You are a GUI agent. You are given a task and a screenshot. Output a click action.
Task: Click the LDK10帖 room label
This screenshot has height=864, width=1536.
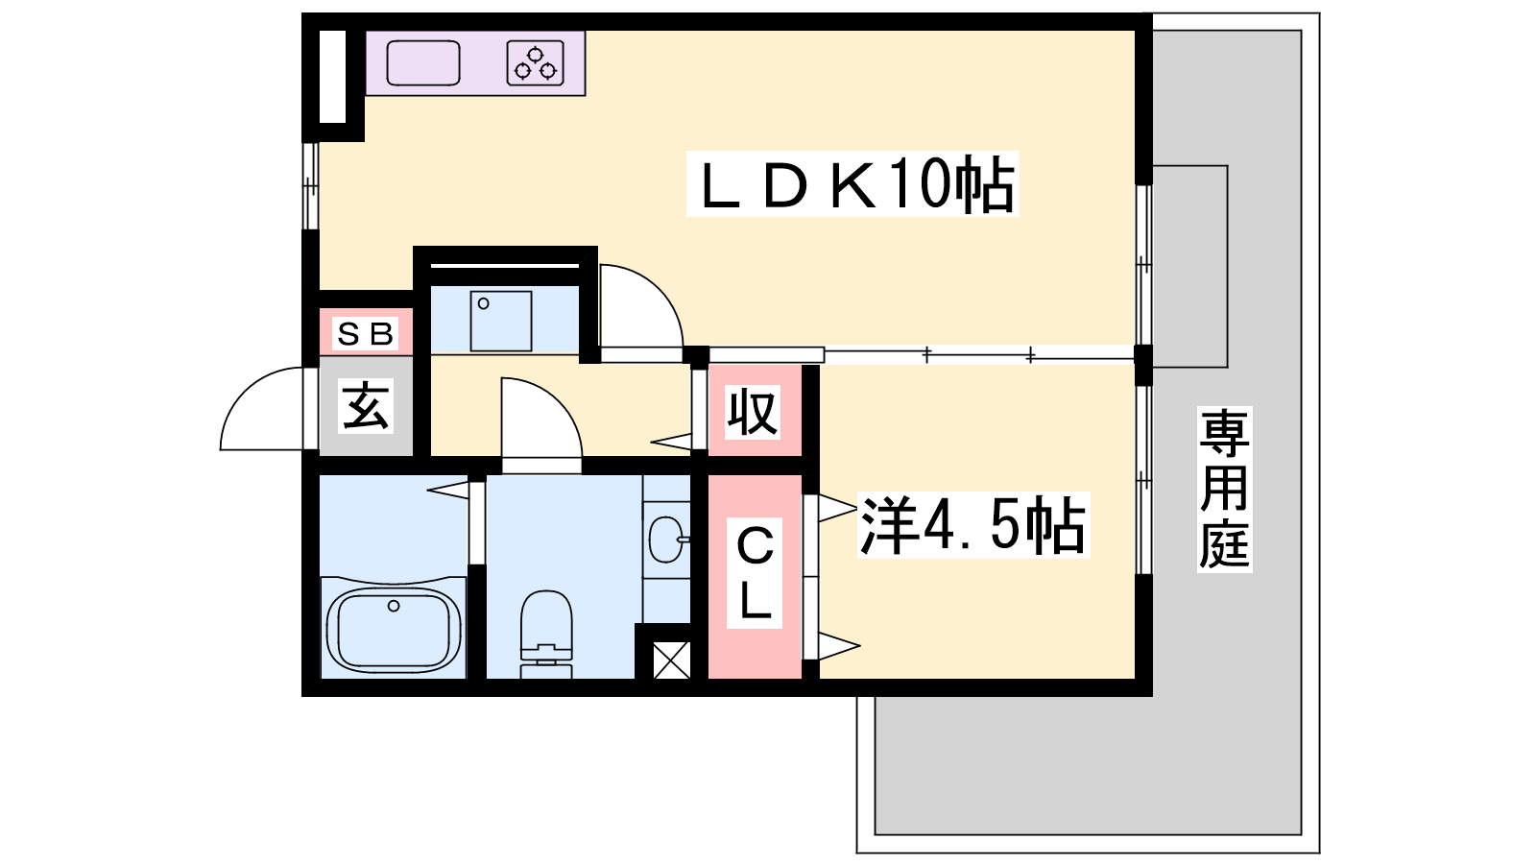pyautogui.click(x=852, y=183)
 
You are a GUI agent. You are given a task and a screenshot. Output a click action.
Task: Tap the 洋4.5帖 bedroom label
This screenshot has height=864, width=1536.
pyautogui.click(x=973, y=525)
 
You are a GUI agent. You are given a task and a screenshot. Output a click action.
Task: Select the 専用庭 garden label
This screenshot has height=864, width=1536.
pyautogui.click(x=1225, y=489)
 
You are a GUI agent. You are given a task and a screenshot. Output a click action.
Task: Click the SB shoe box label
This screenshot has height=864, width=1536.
pyautogui.click(x=366, y=334)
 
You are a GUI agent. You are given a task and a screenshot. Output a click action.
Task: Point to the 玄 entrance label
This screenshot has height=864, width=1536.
pyautogui.click(x=366, y=405)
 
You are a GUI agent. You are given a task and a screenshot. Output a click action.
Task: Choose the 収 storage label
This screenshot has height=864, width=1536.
pyautogui.click(x=753, y=412)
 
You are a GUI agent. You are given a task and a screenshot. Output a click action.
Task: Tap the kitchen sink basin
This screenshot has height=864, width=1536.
pyautogui.click(x=423, y=63)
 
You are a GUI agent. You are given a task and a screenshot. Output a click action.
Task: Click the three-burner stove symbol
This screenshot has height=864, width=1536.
pyautogui.click(x=536, y=63)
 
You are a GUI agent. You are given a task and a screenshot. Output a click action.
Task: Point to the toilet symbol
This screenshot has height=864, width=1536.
pyautogui.click(x=546, y=635)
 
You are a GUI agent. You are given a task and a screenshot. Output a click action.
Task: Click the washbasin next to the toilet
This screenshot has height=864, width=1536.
pyautogui.click(x=666, y=539)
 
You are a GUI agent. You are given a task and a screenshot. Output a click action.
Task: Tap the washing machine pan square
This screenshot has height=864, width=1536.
pyautogui.click(x=501, y=321)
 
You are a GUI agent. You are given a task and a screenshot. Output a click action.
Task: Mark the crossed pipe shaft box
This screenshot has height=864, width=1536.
pyautogui.click(x=671, y=660)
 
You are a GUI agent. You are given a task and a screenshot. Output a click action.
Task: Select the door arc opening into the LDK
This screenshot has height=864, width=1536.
pyautogui.click(x=660, y=288)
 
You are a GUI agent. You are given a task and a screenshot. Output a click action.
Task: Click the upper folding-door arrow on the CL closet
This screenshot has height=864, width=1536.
pyautogui.click(x=837, y=508)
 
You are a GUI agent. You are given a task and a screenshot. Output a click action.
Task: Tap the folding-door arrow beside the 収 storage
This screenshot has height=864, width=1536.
pyautogui.click(x=671, y=443)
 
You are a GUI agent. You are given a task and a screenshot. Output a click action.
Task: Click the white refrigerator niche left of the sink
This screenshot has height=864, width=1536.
pyautogui.click(x=332, y=77)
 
